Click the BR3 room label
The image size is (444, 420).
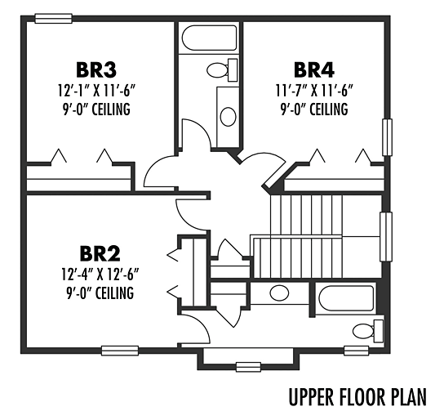point(96,70)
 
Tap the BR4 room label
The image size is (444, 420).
point(314,70)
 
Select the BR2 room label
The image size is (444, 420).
point(100,254)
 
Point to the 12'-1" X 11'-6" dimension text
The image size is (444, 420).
point(96,91)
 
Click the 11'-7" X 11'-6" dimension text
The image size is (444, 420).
point(314,91)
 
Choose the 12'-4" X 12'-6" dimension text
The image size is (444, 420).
point(100,275)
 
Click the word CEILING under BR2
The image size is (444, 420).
point(114,293)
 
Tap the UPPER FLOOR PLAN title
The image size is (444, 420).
point(357,397)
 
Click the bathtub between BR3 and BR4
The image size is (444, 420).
point(209,38)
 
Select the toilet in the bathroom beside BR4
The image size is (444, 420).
point(222,70)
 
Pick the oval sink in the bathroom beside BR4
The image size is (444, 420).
point(229,117)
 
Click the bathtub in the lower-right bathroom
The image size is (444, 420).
point(346,298)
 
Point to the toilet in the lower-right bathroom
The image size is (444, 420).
point(368,331)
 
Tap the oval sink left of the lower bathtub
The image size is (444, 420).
point(279,293)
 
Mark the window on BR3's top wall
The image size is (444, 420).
point(54,19)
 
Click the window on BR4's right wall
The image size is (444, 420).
point(388,137)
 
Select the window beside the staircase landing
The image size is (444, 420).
point(386,237)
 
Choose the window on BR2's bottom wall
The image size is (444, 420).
point(120,351)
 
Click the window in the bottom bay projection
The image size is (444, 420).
point(249,367)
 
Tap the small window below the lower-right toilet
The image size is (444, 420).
point(356,351)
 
